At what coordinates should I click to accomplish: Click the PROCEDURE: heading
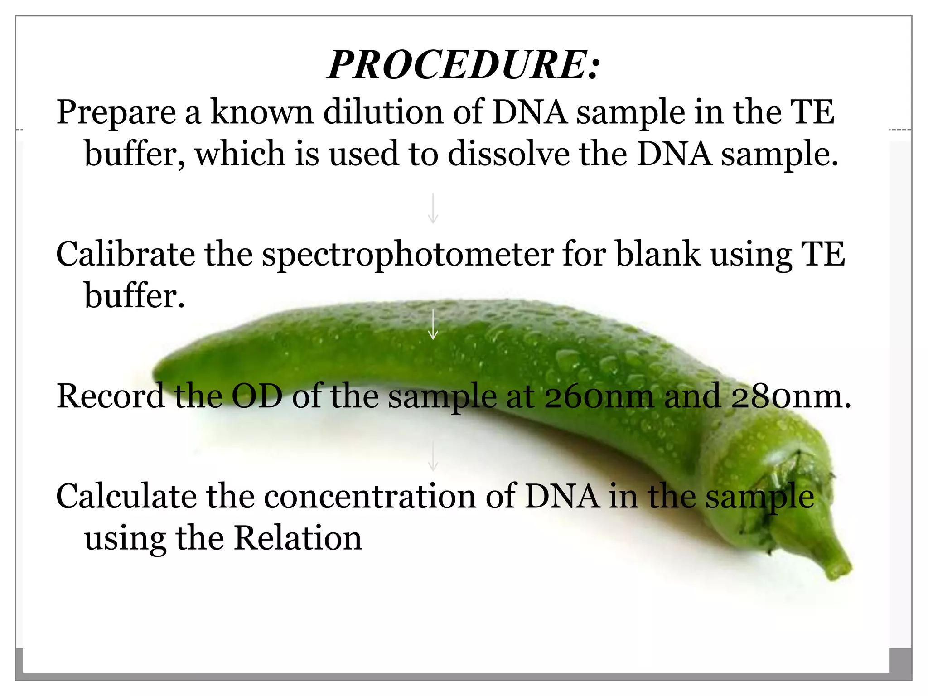464,65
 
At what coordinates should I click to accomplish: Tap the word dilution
383,112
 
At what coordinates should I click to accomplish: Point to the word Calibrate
126,254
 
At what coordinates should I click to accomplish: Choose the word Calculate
126,496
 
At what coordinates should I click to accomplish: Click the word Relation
298,538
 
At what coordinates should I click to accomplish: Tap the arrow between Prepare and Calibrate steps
433,208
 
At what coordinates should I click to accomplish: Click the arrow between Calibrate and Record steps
433,324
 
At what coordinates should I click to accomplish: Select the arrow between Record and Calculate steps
433,456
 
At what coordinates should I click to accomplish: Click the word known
262,112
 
